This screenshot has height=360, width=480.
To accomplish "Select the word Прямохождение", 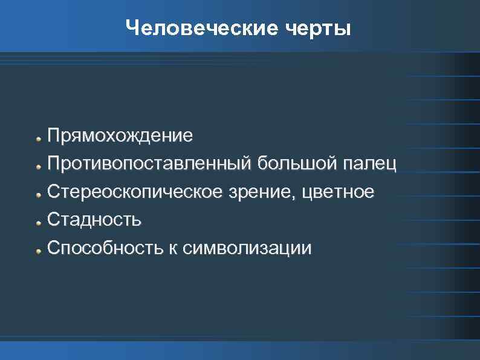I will (121, 135).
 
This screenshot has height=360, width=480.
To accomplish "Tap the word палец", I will (369, 163).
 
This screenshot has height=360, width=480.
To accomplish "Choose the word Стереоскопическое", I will (135, 192).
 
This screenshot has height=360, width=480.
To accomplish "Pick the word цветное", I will (341, 192).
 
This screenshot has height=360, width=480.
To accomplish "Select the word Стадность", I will (95, 220).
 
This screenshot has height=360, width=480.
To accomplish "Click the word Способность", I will (104, 248).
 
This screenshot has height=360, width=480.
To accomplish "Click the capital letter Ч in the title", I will (133, 28).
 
